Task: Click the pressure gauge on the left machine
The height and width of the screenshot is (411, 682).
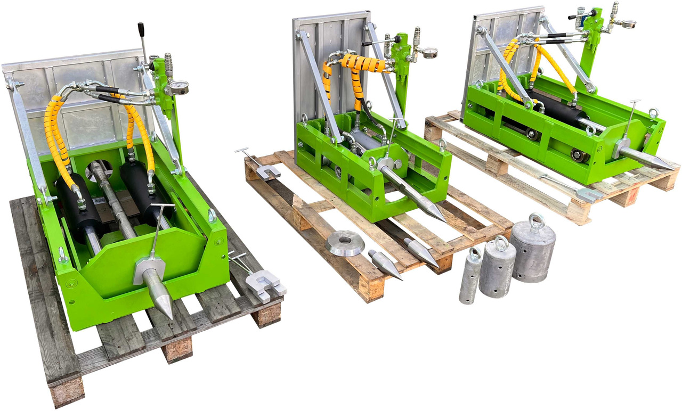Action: [x=180, y=87]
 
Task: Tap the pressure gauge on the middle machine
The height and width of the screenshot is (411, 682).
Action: [x=427, y=52]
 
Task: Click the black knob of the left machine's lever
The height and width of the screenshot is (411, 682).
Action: [x=141, y=29]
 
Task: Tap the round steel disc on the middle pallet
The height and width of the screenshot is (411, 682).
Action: [x=345, y=243]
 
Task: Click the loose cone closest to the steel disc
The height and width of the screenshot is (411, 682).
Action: [x=384, y=264]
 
